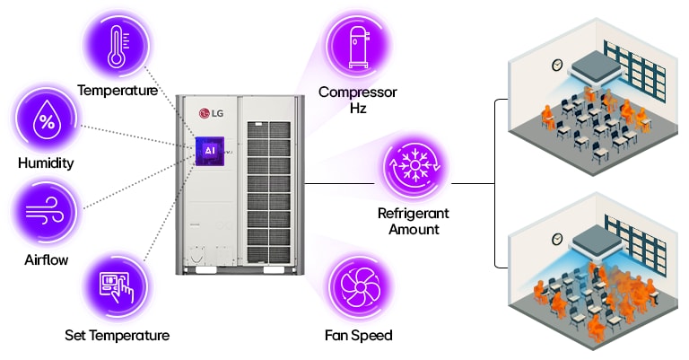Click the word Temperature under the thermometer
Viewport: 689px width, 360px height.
pyautogui.click(x=118, y=91)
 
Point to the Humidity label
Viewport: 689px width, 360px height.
pyautogui.click(x=46, y=163)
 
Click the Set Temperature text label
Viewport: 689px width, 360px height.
pyautogui.click(x=117, y=336)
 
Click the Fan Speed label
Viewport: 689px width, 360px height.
pyautogui.click(x=358, y=336)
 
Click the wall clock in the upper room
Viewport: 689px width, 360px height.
pyautogui.click(x=556, y=65)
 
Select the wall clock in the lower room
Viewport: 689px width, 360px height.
pyautogui.click(x=556, y=238)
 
